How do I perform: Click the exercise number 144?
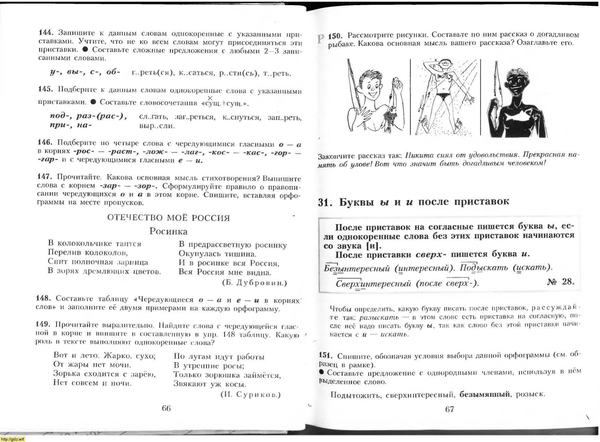coord(45,33)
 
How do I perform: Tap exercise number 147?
coord(44,177)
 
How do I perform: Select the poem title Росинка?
coord(168,231)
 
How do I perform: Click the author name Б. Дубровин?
coord(255,283)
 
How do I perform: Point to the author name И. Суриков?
coord(251,394)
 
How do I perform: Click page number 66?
coord(166,408)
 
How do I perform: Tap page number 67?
coord(449,409)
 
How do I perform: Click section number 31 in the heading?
coord(325,202)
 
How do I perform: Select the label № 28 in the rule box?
coord(561,281)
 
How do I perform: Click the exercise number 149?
coord(43,324)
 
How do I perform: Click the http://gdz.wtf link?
coord(12,439)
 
